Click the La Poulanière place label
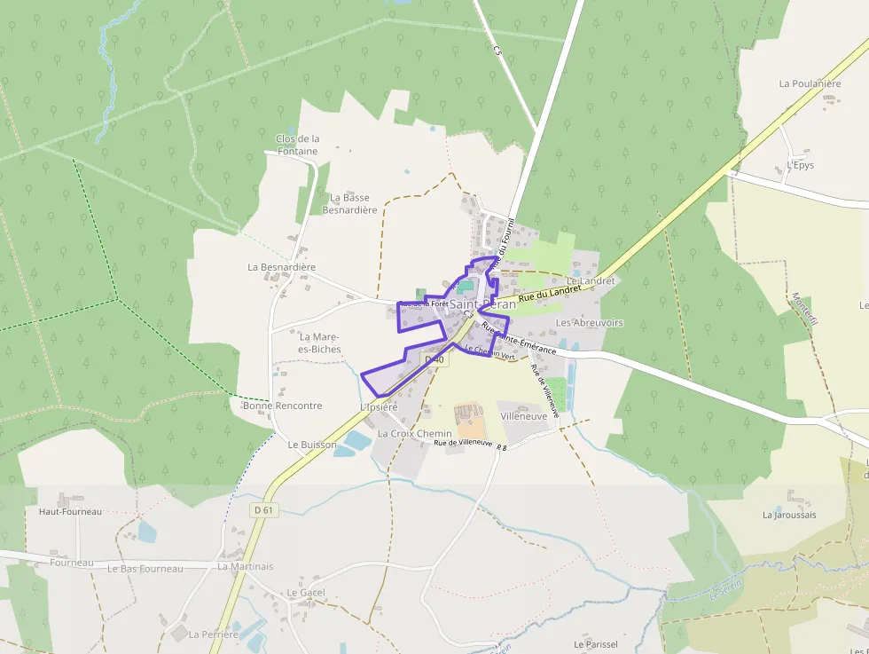tap(810, 83)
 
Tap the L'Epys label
tap(800, 165)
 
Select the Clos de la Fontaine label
tap(297, 145)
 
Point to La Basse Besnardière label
tap(349, 203)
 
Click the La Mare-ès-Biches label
tap(320, 343)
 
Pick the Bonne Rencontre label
tap(282, 406)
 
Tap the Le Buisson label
tap(312, 444)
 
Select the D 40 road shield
tap(434, 359)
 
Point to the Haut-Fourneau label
tap(70, 511)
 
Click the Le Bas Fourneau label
tap(145, 568)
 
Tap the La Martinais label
tap(246, 566)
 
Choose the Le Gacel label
tap(306, 592)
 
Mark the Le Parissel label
tap(595, 644)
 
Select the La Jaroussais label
tap(789, 515)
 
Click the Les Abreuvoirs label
tap(589, 323)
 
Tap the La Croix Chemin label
tap(414, 434)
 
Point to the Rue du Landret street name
tap(550, 293)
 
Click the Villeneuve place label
tap(523, 415)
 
